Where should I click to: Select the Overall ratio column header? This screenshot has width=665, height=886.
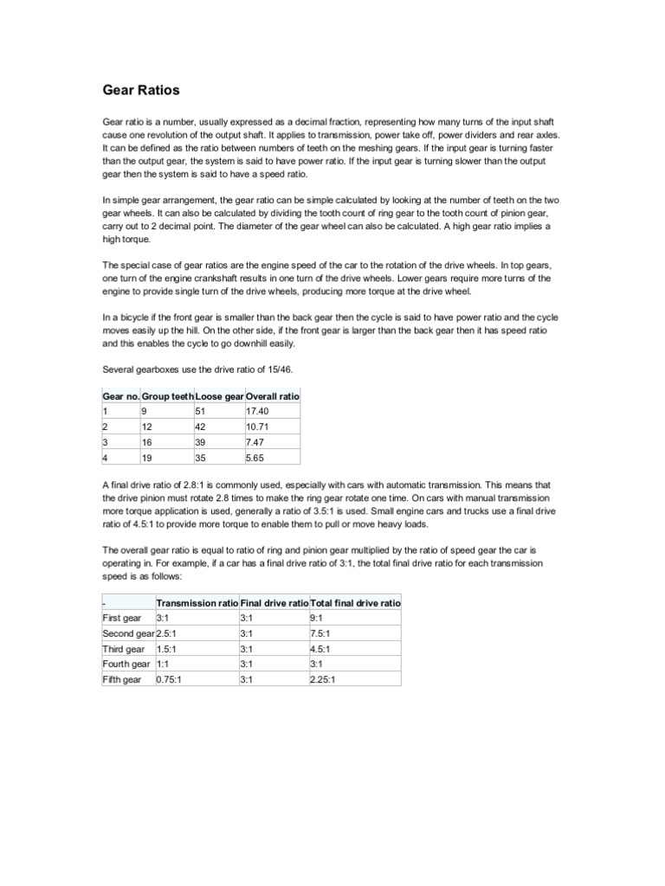point(272,395)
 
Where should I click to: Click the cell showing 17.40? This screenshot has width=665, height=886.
point(259,411)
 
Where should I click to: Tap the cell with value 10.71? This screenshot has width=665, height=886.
point(259,427)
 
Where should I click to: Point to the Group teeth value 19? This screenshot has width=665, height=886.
point(145,458)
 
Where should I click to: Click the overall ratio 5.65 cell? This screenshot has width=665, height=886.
point(256,458)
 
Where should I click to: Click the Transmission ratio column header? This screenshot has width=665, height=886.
point(197,602)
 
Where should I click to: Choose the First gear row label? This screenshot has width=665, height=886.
point(121,618)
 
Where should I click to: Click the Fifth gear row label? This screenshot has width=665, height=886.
point(122,679)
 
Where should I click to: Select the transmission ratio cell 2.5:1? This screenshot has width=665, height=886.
point(168,633)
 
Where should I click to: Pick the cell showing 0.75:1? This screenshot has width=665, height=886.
point(170,679)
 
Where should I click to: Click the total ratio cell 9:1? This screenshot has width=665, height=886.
point(317,618)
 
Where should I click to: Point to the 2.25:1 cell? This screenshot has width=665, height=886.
point(323,679)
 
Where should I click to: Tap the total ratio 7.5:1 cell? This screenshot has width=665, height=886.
point(320,633)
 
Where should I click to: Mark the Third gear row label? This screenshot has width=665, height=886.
point(124,649)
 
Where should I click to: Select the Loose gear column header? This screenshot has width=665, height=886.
point(220,395)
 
